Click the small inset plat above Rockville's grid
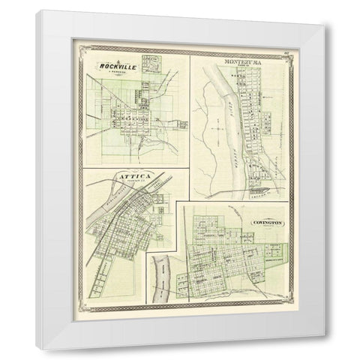pos(154,67)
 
